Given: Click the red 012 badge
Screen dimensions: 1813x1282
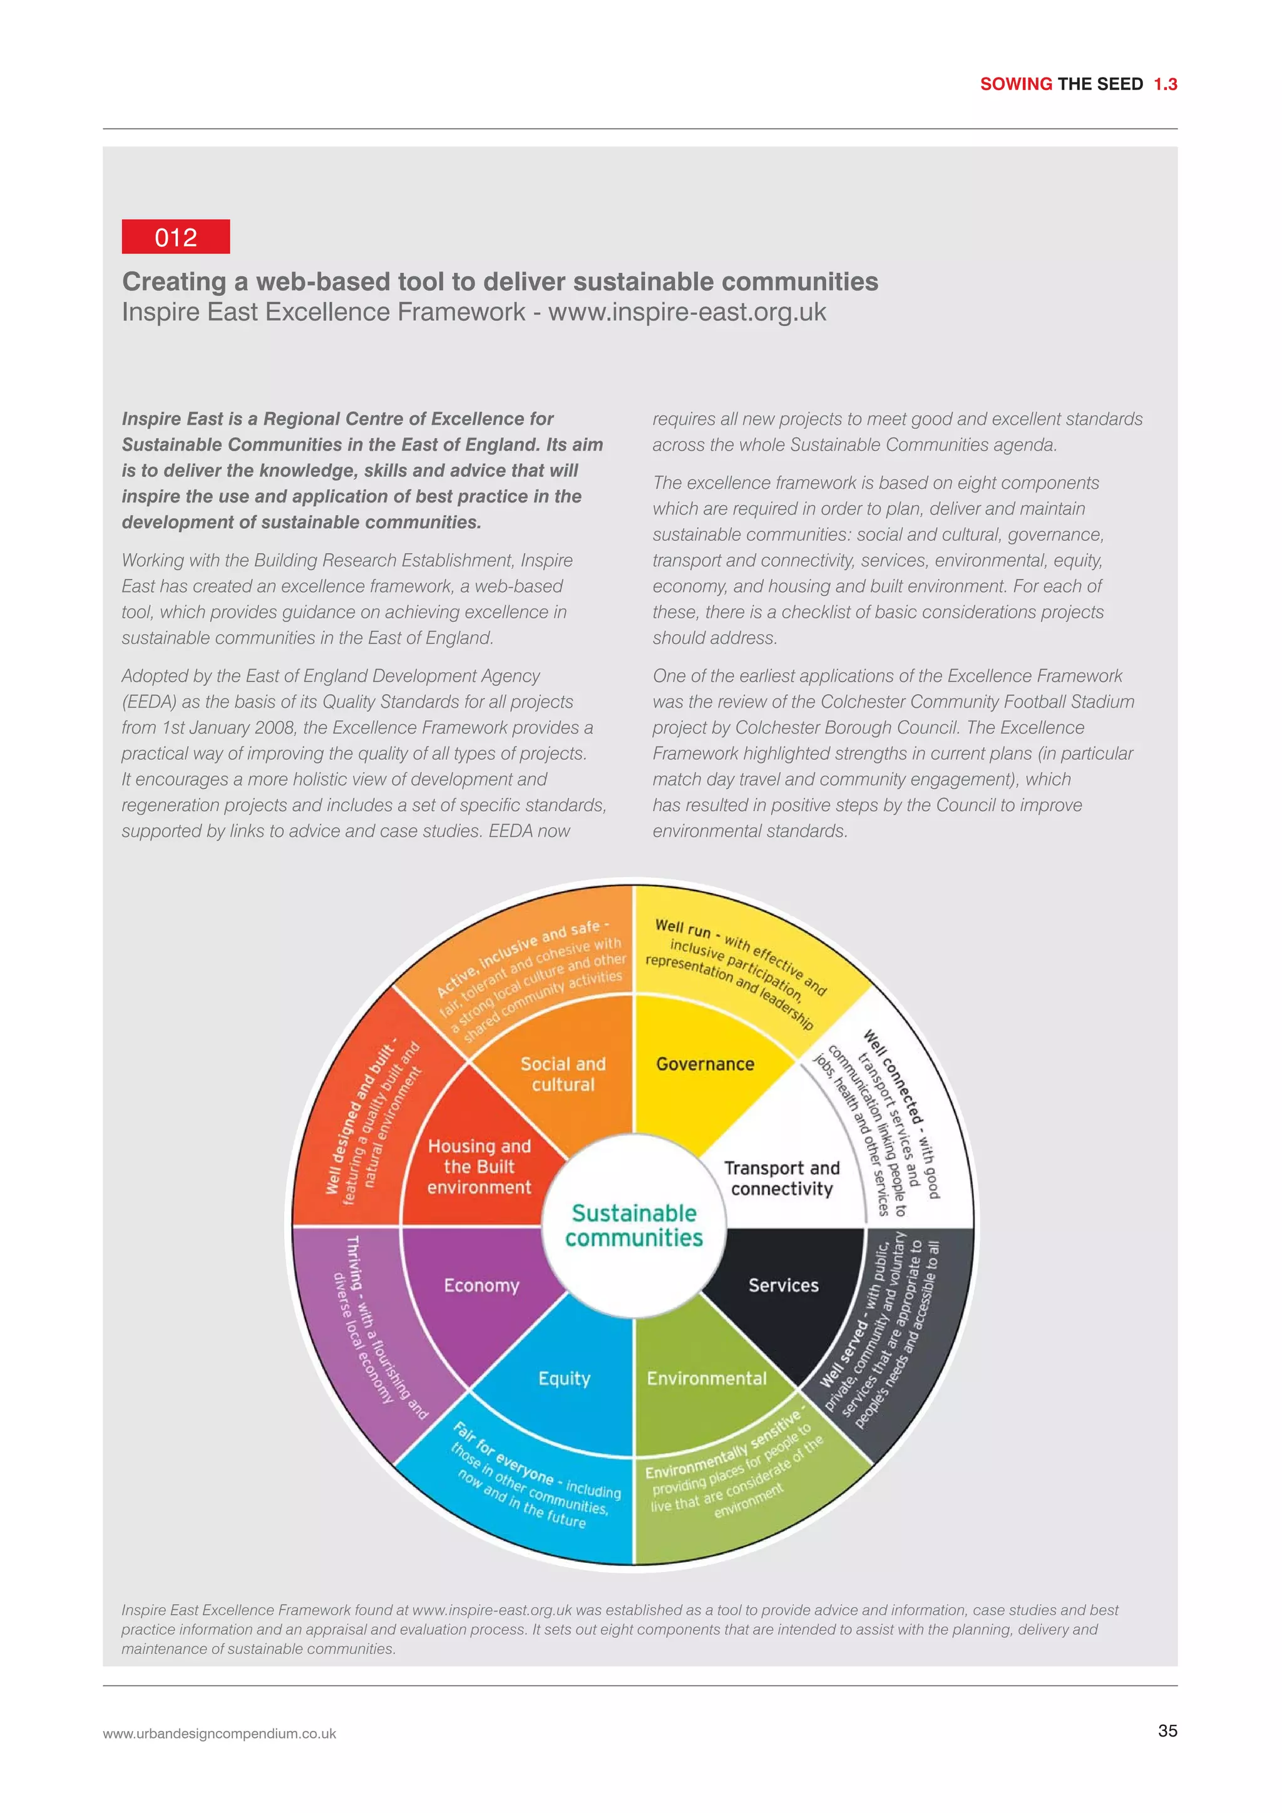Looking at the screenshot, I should (x=175, y=237).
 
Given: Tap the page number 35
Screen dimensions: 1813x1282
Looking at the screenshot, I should (x=1167, y=1731).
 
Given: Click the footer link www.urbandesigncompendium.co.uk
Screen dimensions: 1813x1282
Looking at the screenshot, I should (x=220, y=1734).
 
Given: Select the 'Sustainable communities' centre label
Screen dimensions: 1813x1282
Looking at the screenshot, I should (x=633, y=1225).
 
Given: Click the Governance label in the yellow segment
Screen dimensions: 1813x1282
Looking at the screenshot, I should (x=705, y=1065).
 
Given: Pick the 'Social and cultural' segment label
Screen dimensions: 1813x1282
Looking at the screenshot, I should (x=563, y=1074).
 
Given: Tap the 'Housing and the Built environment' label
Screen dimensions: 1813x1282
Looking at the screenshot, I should (x=479, y=1167).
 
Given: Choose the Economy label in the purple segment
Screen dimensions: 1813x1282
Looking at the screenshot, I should (x=481, y=1285).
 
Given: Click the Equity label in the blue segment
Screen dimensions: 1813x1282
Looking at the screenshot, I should (x=564, y=1379).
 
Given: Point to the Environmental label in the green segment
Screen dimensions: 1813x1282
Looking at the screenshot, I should (x=706, y=1379).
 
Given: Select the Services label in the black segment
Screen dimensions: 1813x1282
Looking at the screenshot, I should (x=783, y=1285).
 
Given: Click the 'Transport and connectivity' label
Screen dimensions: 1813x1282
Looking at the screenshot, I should (x=781, y=1178).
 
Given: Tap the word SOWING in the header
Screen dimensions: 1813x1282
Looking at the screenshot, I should (x=1016, y=84).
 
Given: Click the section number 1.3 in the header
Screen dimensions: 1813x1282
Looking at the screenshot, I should (x=1165, y=84).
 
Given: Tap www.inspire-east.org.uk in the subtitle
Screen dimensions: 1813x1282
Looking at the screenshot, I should (x=687, y=312).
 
